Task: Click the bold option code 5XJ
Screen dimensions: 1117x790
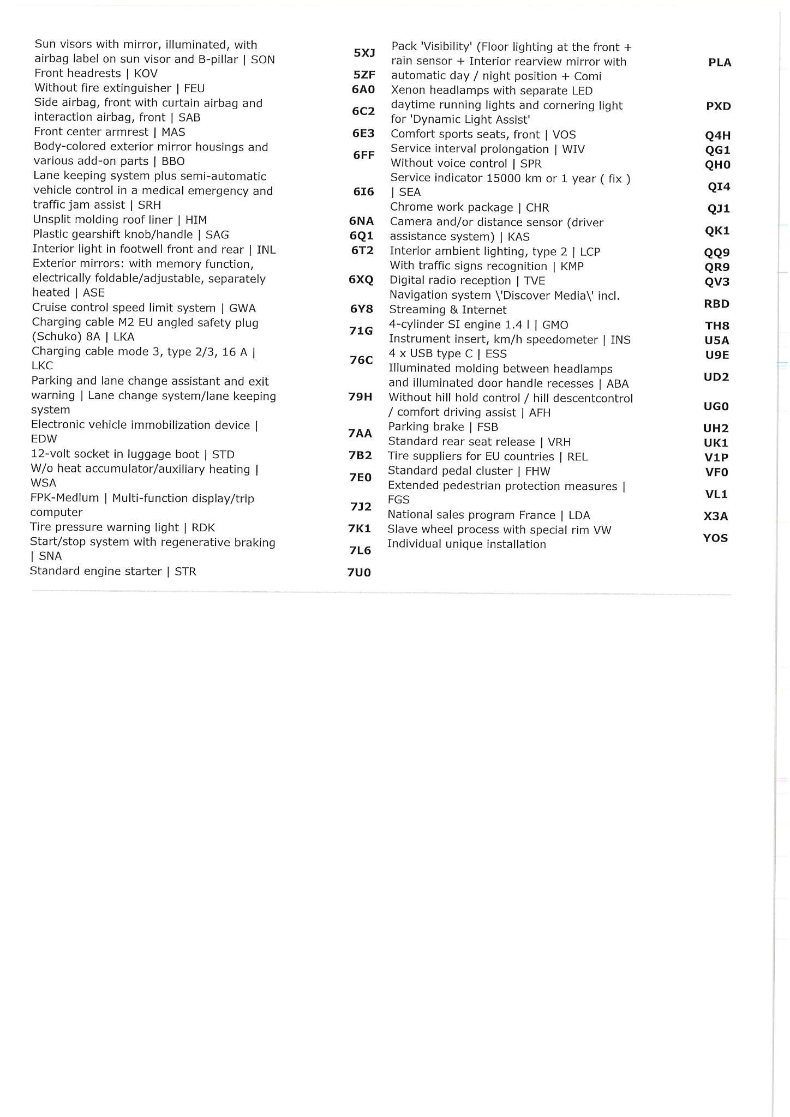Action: coord(364,53)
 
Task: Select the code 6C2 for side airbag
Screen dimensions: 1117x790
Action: coord(363,111)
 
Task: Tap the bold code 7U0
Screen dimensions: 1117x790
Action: coord(359,573)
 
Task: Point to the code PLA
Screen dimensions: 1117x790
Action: coord(720,63)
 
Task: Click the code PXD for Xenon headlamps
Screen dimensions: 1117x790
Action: coord(719,106)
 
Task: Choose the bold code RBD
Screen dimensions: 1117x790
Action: coord(717,304)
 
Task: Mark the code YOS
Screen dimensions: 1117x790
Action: coord(715,538)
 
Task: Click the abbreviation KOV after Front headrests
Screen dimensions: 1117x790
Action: coord(146,74)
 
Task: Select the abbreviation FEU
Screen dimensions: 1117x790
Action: coord(194,88)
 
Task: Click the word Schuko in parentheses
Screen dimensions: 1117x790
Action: coord(57,337)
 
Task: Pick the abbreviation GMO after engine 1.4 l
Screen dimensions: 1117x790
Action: coord(555,325)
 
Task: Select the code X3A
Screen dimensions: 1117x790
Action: coord(716,517)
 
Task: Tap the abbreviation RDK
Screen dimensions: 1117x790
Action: coord(203,528)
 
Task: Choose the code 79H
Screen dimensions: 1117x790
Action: coord(360,397)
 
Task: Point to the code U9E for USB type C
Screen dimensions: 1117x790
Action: coord(717,355)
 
